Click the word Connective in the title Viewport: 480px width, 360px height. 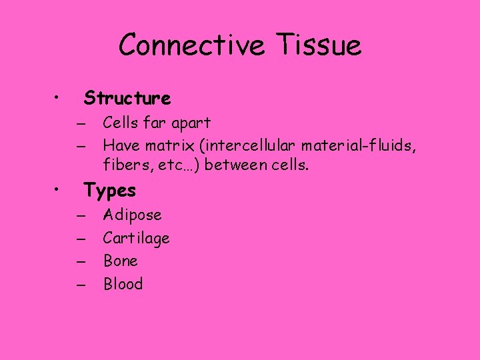189,45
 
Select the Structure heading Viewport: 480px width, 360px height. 127,99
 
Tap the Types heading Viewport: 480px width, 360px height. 110,191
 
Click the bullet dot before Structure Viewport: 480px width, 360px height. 59,99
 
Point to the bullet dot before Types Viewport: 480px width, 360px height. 59,191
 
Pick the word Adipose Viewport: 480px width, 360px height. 132,215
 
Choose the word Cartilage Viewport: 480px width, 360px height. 136,238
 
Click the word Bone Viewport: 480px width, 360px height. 120,261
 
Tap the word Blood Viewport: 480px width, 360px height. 123,284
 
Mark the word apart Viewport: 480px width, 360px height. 192,123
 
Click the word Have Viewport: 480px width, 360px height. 119,145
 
